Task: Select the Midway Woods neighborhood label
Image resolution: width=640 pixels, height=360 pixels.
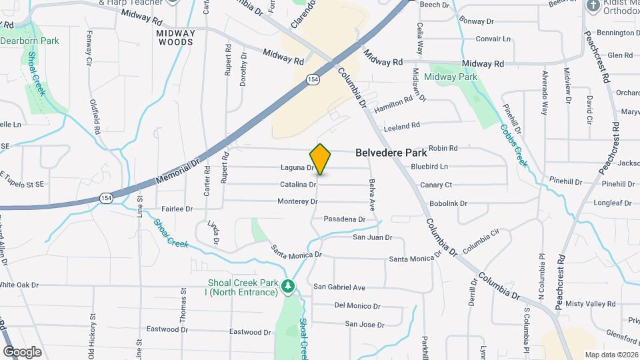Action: pos(176,37)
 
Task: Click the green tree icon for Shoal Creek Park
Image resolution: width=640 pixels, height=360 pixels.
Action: pos(288,286)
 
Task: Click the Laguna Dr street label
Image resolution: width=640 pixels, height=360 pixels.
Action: pos(297,167)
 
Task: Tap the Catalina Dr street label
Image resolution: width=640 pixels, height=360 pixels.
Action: pos(297,184)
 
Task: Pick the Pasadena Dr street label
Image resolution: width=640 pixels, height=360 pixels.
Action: pos(344,219)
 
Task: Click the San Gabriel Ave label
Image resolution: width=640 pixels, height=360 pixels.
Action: pos(339,287)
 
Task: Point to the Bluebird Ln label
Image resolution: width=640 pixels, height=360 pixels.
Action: pos(429,166)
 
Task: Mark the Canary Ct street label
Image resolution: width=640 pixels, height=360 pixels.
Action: pos(436,185)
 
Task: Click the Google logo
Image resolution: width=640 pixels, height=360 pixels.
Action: pos(23,351)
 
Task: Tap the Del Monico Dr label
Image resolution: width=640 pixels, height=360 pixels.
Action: pos(357,307)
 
